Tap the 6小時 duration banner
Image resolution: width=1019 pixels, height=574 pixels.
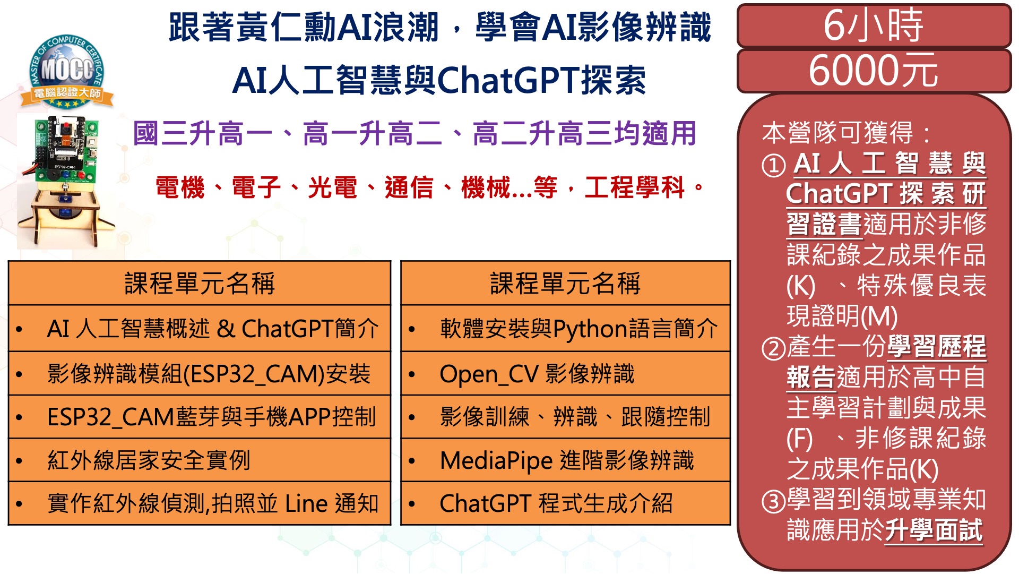874,25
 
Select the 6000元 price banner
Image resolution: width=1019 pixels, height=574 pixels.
874,71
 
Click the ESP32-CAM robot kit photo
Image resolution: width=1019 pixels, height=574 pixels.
66,181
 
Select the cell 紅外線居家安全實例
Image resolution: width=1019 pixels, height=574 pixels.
200,460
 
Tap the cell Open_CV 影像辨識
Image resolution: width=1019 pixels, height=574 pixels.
566,373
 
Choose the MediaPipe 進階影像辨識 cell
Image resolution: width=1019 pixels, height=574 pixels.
566,460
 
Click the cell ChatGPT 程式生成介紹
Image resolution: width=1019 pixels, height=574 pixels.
566,503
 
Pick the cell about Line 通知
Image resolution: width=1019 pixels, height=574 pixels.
200,503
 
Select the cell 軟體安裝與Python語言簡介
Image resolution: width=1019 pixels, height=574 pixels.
566,329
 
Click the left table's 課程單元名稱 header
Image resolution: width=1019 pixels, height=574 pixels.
200,283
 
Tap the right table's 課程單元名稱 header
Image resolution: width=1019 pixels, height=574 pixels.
566,283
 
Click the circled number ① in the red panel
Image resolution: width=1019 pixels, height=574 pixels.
773,165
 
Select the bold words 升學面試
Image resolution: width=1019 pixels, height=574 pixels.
934,530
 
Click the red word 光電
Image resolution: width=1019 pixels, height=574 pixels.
332,187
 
